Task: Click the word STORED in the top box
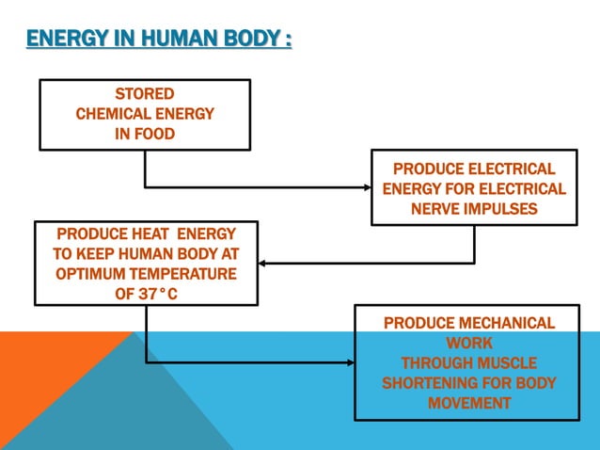click(144, 94)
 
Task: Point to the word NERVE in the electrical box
click(437, 209)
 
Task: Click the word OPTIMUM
click(98, 274)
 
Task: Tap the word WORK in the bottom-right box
click(469, 344)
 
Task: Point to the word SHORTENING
click(430, 383)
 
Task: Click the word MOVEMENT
click(469, 403)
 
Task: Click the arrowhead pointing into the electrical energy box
click(366, 186)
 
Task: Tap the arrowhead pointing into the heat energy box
click(264, 263)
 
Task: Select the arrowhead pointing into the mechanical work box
click(349, 362)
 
